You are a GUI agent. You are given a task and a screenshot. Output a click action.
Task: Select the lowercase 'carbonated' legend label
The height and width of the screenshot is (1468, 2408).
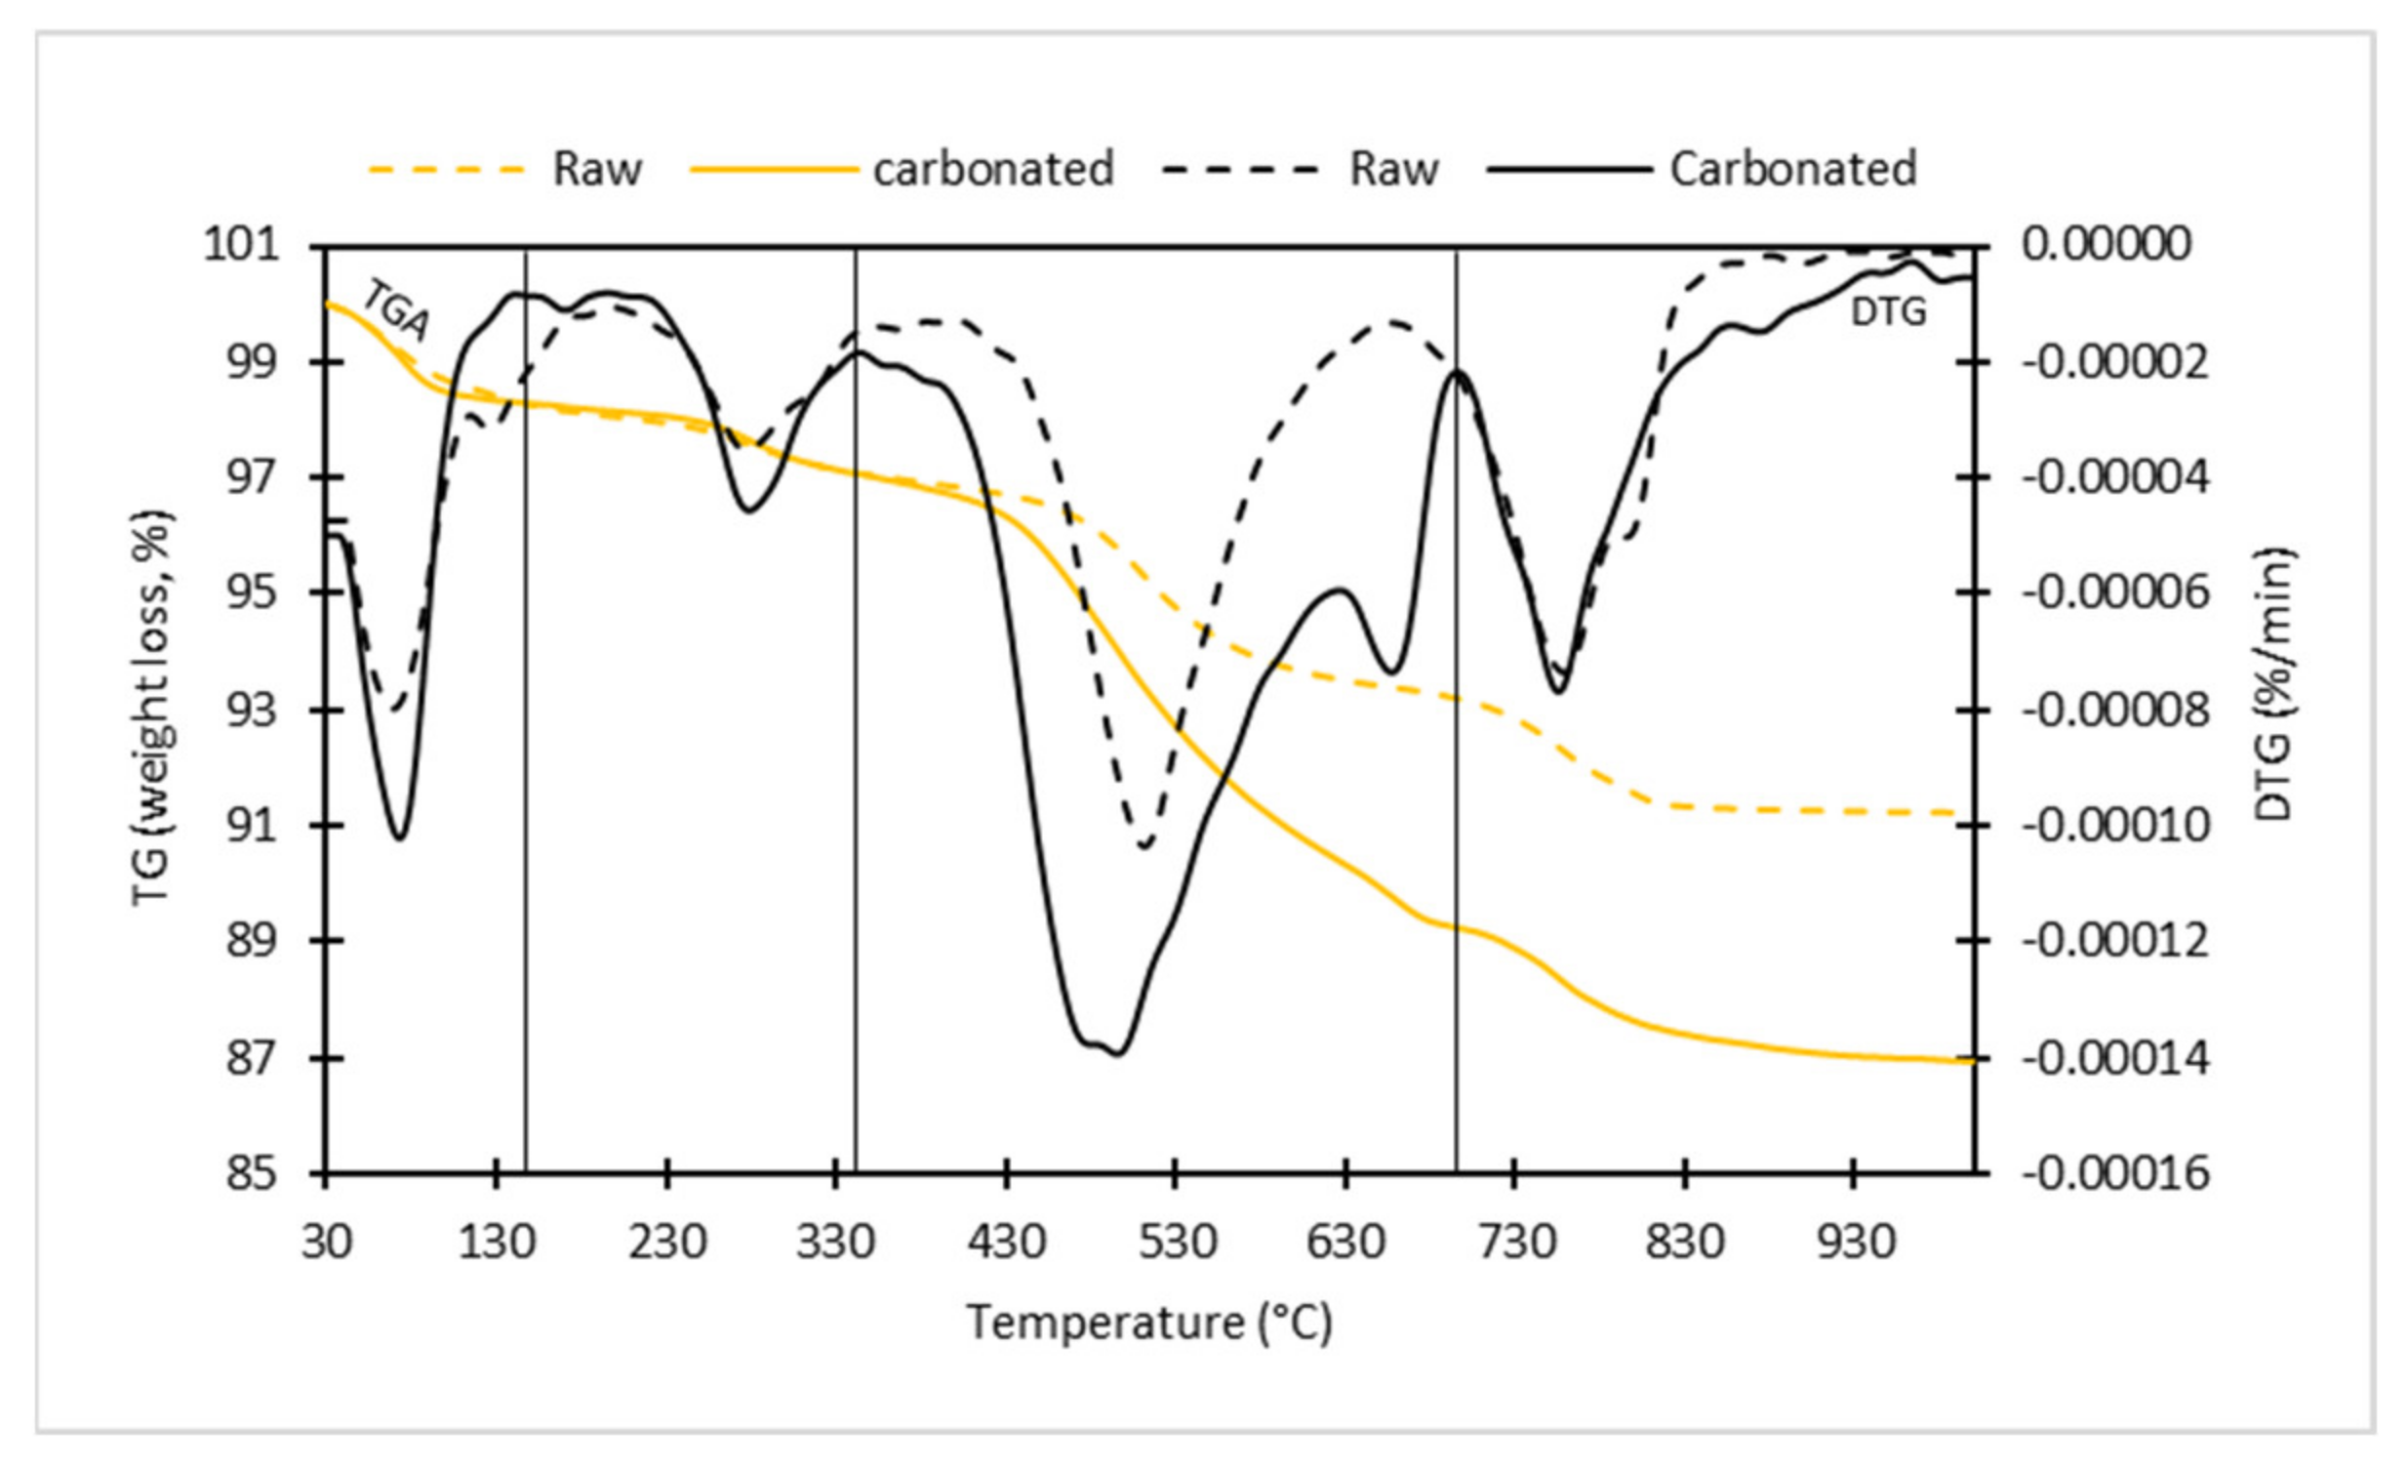(x=993, y=169)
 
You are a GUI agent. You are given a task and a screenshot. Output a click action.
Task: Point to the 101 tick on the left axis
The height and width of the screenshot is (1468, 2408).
(x=240, y=244)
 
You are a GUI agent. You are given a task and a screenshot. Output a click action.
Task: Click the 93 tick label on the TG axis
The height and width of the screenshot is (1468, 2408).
(x=252, y=710)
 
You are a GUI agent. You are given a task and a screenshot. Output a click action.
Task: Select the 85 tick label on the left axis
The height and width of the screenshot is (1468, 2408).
(x=252, y=1174)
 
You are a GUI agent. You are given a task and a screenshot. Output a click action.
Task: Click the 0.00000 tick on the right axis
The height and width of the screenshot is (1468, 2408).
(x=2106, y=244)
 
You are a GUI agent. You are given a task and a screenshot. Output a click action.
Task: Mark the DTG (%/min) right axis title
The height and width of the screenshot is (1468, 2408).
(x=2273, y=684)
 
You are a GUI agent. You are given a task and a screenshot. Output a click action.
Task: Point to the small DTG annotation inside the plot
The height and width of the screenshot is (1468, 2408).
(x=1888, y=312)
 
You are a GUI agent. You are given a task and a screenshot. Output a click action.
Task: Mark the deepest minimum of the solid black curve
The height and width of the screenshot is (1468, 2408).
(x=1118, y=1053)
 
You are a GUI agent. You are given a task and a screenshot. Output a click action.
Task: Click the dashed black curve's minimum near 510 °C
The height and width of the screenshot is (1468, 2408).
(x=1145, y=846)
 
